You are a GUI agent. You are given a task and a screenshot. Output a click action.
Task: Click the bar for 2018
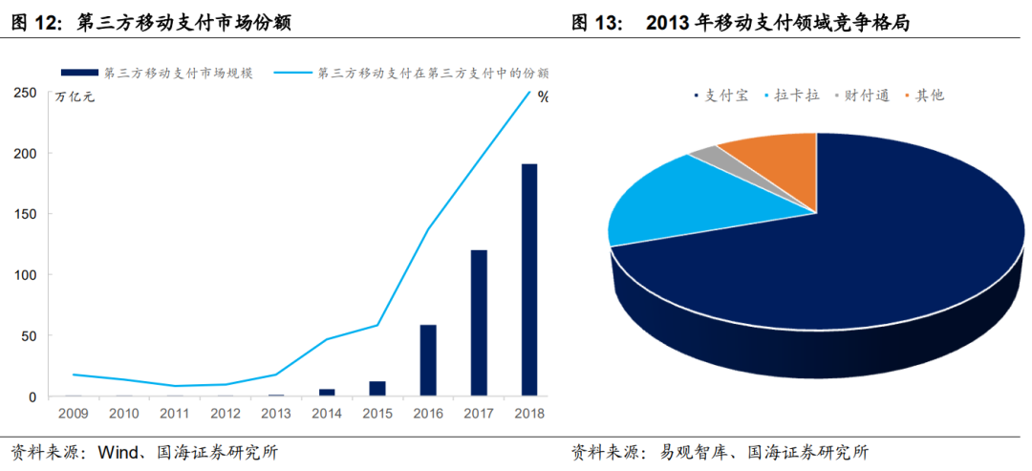528,280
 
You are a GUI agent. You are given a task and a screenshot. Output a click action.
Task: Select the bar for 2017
479,323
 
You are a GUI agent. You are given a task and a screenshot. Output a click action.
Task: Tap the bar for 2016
428,360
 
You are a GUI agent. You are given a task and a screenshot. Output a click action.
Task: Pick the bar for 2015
377,388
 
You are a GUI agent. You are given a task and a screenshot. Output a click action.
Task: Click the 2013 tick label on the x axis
277,415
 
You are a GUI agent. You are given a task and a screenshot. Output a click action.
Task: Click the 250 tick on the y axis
25,93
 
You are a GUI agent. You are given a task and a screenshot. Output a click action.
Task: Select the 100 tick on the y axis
25,275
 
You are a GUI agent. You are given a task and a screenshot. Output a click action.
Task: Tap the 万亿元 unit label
75,96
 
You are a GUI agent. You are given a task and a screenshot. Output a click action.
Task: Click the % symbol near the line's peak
543,96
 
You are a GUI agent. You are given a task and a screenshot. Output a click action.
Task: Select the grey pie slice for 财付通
704,155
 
